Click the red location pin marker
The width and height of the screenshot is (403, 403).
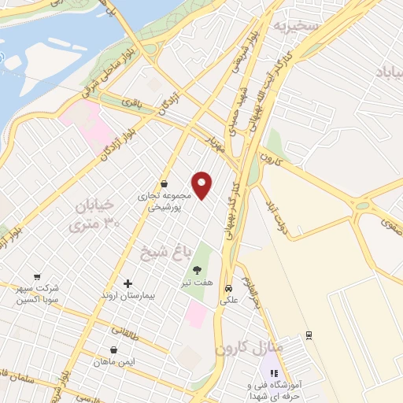coord(202,185)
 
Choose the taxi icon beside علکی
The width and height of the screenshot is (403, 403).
coord(228,287)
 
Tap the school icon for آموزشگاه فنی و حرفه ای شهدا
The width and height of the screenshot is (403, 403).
coord(274,373)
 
